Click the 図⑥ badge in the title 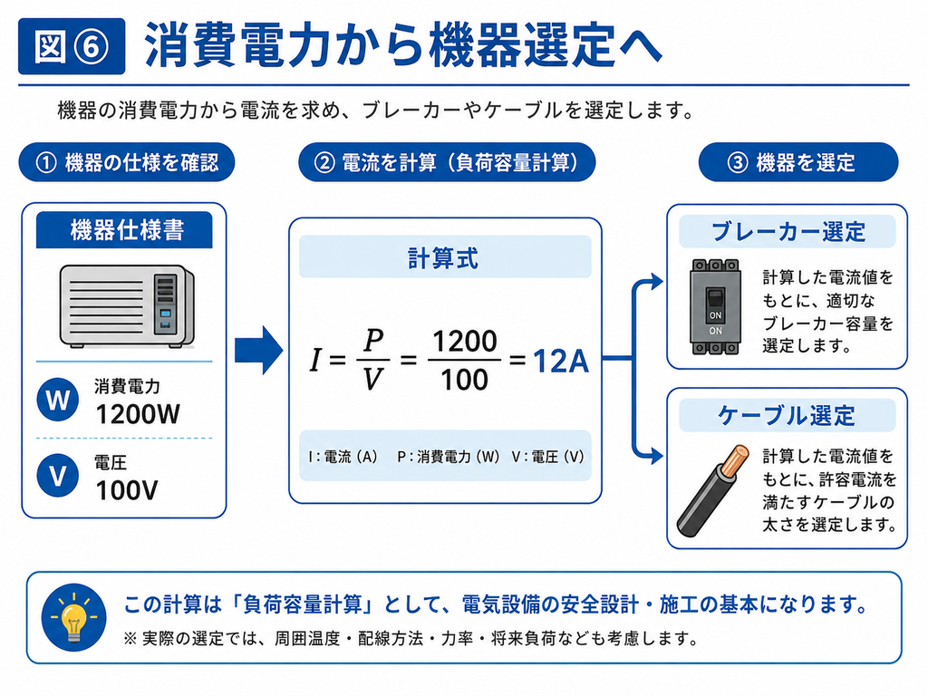click(x=72, y=46)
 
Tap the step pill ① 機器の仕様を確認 click(x=127, y=162)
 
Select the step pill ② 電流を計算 click(x=447, y=162)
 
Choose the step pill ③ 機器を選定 click(x=798, y=162)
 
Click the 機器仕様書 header click(x=124, y=229)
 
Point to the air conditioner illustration click(x=127, y=306)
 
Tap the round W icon click(x=57, y=400)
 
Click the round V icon click(x=57, y=475)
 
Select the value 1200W click(x=138, y=414)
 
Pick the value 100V click(x=127, y=490)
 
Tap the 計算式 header click(x=445, y=257)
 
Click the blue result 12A click(x=561, y=362)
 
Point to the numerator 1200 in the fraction click(x=465, y=342)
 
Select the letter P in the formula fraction click(x=373, y=341)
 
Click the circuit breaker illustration click(x=716, y=306)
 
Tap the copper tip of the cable click(x=736, y=458)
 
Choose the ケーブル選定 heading click(x=787, y=415)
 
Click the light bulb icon click(x=73, y=617)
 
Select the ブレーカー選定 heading click(x=788, y=231)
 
